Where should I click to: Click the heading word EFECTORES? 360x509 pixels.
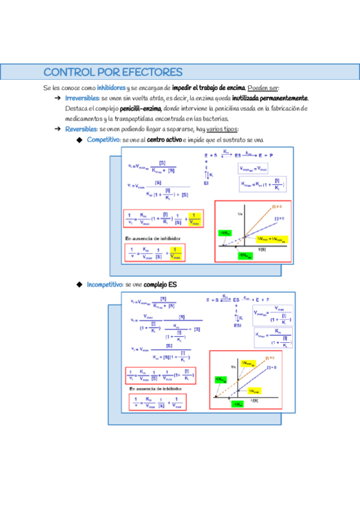point(152,73)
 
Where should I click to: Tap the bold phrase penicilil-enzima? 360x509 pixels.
point(140,109)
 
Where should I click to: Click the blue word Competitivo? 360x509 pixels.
point(103,140)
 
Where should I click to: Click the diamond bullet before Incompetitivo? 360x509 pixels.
point(78,284)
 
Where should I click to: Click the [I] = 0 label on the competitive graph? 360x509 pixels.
point(278,218)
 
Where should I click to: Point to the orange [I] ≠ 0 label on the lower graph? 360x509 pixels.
point(269,358)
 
